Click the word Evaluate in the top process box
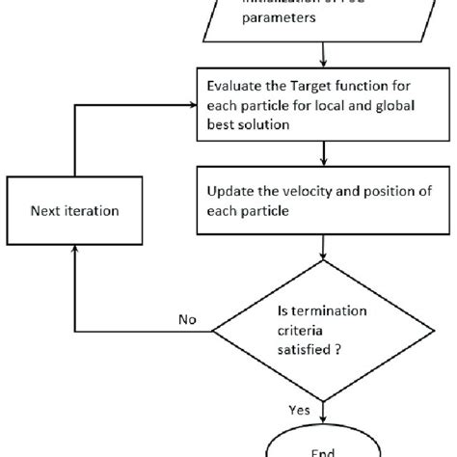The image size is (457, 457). point(236,85)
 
